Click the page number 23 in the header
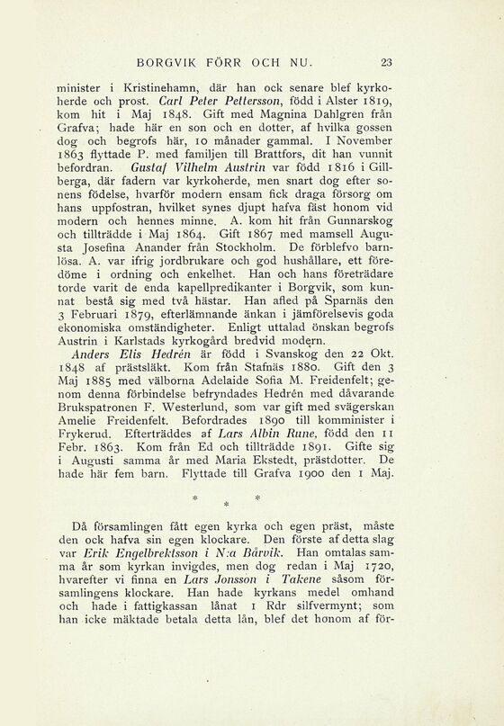(388, 62)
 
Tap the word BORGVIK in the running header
(163, 62)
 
